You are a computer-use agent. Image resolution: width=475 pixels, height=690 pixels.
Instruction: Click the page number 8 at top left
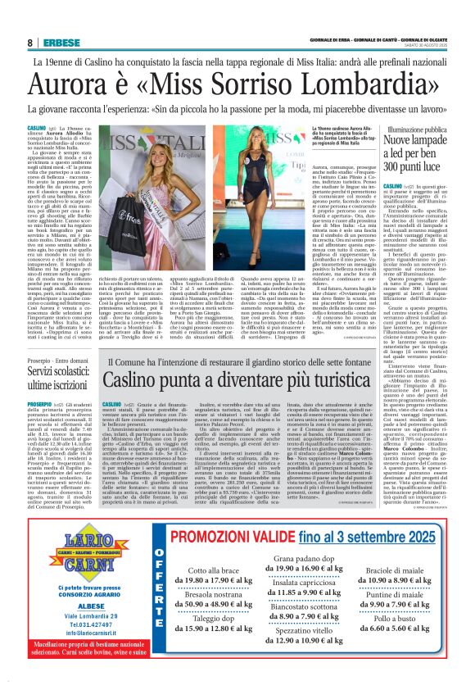30,43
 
